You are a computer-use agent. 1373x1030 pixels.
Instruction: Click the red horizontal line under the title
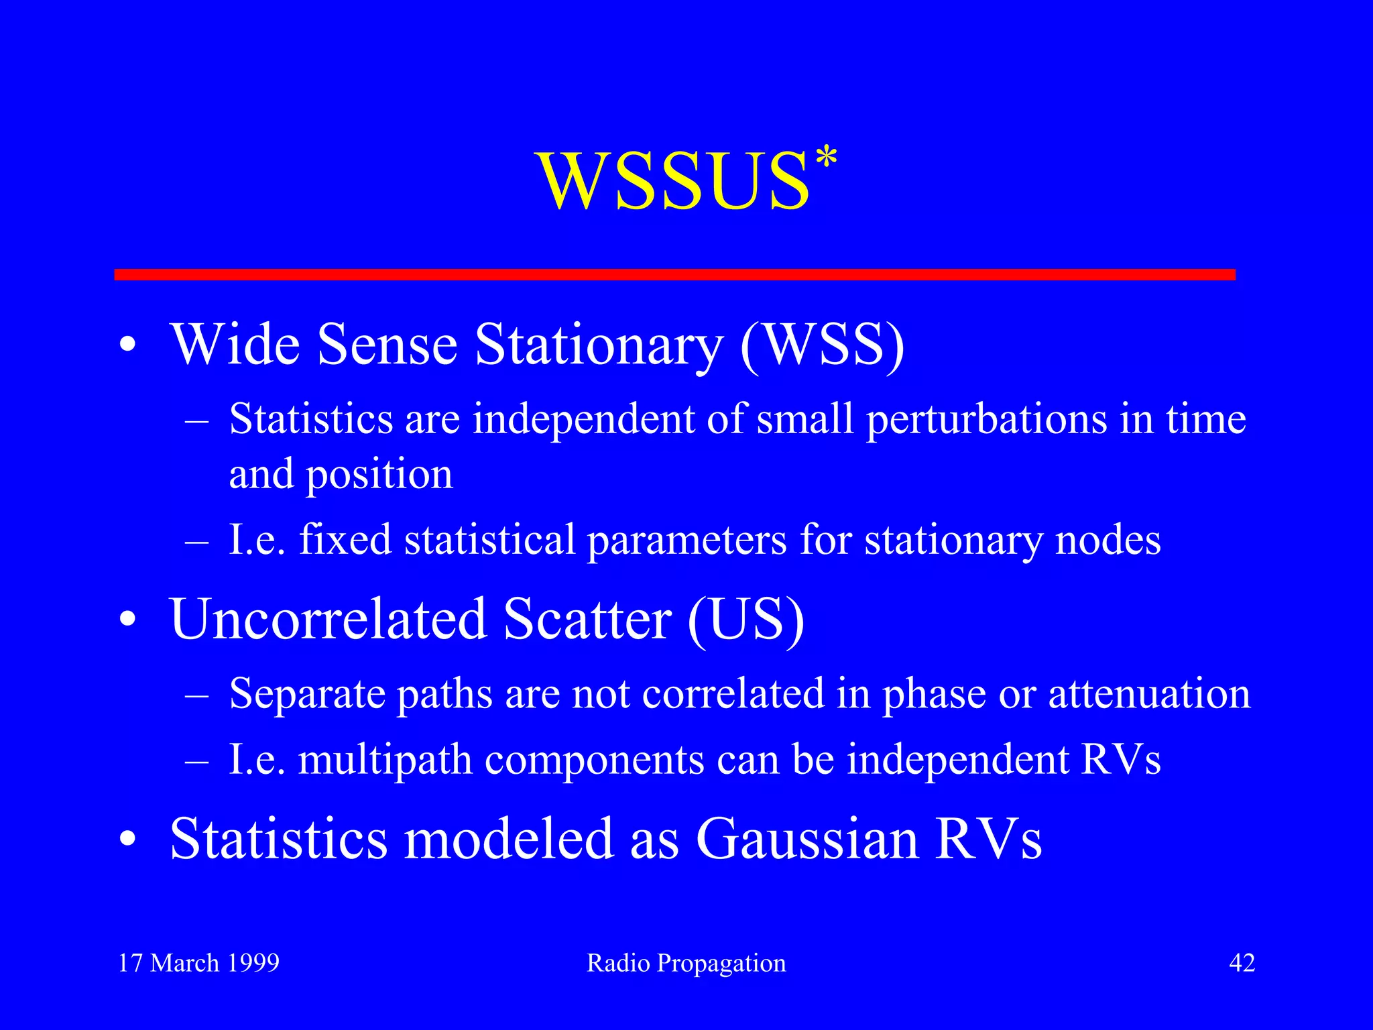click(674, 274)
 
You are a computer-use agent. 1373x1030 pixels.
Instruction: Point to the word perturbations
click(986, 420)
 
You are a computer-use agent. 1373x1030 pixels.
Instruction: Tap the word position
click(379, 475)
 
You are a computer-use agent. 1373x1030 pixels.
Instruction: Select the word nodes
click(1108, 540)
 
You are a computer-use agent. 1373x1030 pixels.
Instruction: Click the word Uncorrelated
click(328, 618)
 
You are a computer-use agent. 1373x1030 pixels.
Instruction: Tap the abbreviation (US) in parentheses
click(745, 618)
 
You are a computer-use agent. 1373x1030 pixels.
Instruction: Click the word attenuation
click(1149, 693)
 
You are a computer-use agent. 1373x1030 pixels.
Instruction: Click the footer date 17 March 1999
click(198, 963)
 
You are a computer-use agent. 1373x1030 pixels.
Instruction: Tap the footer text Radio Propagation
click(686, 963)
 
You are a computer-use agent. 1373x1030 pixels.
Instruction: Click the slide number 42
click(1242, 963)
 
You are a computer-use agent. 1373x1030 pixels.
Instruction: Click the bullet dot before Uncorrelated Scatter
click(128, 621)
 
